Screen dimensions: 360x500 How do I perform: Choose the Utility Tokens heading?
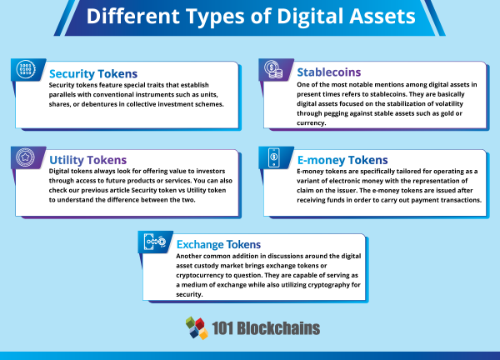[x=87, y=159]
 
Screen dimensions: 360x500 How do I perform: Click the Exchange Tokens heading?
[x=218, y=244]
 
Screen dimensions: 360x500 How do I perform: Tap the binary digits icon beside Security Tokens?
[x=26, y=69]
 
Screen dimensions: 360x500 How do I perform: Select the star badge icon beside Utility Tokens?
[x=26, y=157]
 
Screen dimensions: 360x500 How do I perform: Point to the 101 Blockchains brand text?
[x=267, y=327]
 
